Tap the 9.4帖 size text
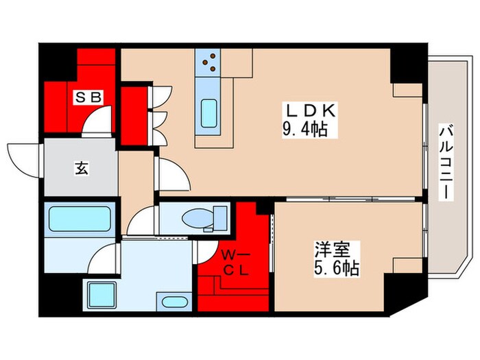(304, 127)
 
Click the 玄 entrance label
(80, 167)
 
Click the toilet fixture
(202, 219)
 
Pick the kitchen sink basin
(208, 112)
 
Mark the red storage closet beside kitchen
(134, 115)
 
